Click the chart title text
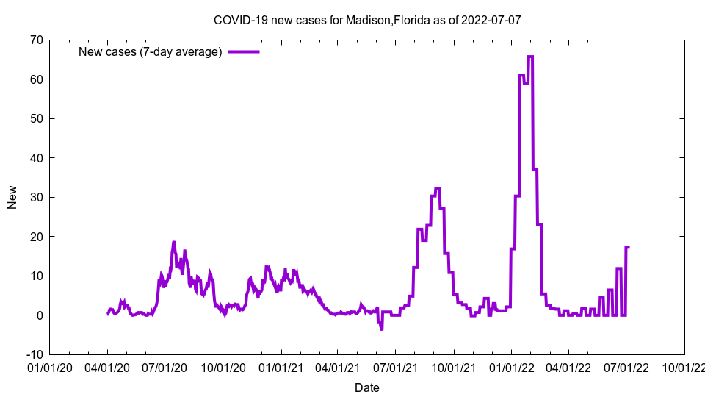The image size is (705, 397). point(367,20)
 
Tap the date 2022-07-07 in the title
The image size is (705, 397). point(491,20)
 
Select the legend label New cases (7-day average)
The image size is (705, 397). point(151,51)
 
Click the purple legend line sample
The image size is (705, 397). point(244,51)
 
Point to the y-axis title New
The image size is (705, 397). point(12,197)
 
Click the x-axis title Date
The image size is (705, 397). point(367,387)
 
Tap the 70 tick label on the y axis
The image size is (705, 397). point(36,40)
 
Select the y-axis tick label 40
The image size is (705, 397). point(36,158)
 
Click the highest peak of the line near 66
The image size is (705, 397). point(530,57)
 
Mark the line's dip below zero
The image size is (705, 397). point(381,329)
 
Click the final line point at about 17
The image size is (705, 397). point(628,247)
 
